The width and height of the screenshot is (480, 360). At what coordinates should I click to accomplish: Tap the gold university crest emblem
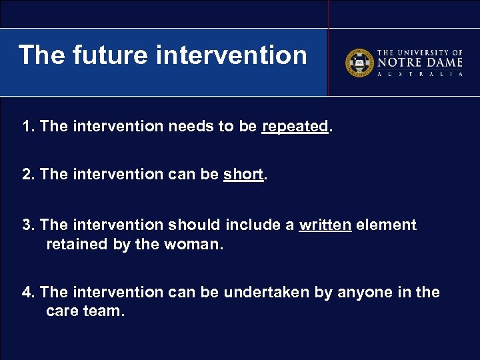[x=358, y=63]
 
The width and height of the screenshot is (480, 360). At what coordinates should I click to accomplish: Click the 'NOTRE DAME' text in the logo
[x=420, y=62]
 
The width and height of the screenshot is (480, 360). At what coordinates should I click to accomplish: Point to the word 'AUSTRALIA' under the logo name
[x=420, y=75]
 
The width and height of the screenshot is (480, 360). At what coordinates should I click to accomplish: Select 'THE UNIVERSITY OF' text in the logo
[x=420, y=52]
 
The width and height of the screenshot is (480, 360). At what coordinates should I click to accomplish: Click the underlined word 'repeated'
[x=295, y=127]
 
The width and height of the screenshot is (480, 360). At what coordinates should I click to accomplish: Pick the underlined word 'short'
[x=243, y=175]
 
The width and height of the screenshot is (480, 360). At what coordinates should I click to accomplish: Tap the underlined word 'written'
[x=325, y=225]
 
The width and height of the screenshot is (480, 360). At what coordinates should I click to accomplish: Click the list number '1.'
[x=29, y=127]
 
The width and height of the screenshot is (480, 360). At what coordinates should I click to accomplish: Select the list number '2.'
[x=29, y=175]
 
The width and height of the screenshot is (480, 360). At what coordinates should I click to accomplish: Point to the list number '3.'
[x=29, y=225]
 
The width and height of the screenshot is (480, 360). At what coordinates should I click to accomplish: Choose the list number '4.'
[x=29, y=292]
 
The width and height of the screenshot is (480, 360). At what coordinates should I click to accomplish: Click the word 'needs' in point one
[x=187, y=127]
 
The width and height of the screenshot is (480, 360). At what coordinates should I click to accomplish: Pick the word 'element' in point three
[x=386, y=225]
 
